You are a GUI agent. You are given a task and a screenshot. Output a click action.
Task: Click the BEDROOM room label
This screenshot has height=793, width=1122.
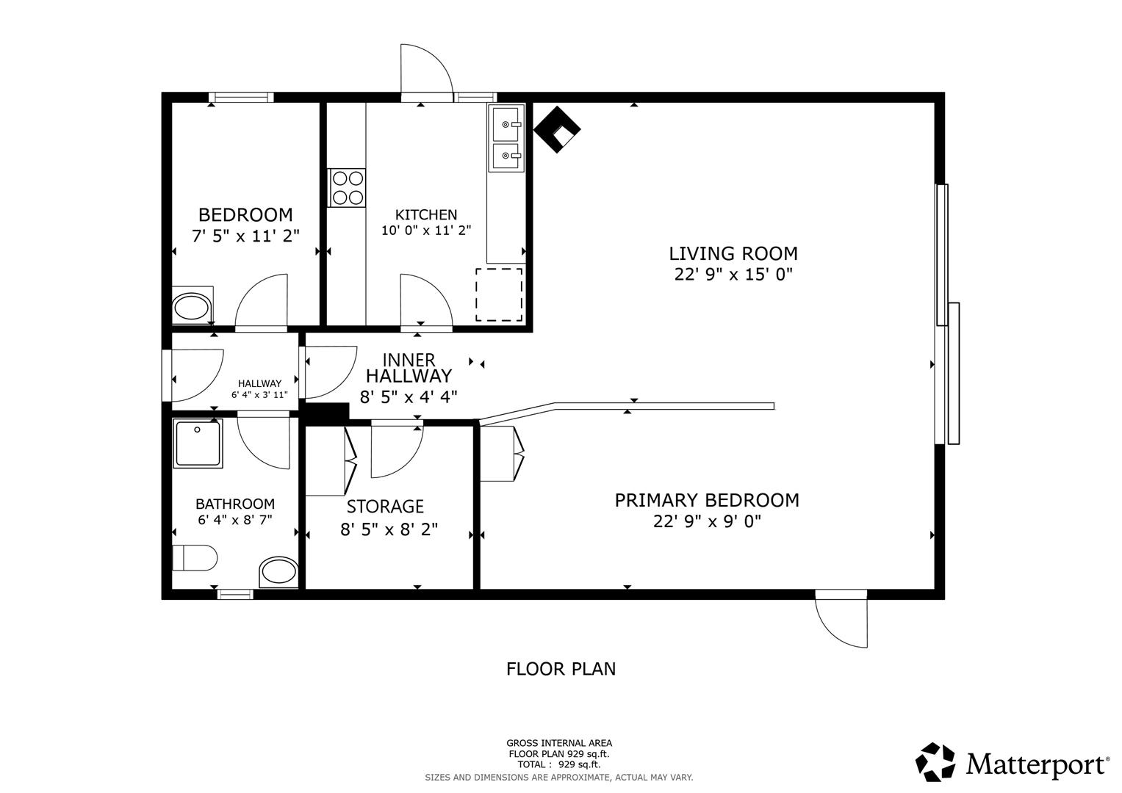tap(245, 214)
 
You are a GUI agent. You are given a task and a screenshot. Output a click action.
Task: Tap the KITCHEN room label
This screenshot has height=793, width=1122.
tap(426, 214)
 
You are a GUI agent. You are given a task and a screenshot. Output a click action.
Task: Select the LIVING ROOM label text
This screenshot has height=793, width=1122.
tap(733, 253)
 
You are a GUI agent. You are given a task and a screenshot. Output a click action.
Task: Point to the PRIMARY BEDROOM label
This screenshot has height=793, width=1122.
tap(707, 500)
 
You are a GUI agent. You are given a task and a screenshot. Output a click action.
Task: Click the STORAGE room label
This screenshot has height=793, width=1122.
tap(385, 507)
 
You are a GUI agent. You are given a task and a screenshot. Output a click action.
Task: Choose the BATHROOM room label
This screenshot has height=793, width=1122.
tap(235, 504)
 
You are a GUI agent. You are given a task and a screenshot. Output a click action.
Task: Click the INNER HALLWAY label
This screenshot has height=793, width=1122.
tap(409, 368)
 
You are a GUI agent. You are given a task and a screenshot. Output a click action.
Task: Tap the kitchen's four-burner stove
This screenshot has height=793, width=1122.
tap(347, 187)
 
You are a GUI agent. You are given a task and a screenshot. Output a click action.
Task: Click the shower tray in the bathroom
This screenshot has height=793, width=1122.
tap(198, 443)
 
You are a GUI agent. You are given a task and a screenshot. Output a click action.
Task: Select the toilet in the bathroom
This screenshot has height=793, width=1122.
tap(195, 558)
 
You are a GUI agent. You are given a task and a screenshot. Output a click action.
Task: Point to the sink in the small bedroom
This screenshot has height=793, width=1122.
tap(192, 307)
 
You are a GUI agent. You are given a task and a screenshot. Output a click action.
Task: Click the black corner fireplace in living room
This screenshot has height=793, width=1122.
tap(557, 130)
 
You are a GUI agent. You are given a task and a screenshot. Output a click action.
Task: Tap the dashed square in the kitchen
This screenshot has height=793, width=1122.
tap(499, 294)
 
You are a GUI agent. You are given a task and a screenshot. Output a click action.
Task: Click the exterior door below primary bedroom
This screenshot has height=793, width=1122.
tap(842, 618)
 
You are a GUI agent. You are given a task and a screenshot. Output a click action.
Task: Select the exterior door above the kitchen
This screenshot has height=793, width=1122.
tap(425, 71)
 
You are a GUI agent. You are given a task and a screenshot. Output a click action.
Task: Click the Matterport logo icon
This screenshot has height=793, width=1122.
tap(935, 762)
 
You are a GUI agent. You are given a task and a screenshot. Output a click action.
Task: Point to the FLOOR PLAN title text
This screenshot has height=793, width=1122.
tap(561, 669)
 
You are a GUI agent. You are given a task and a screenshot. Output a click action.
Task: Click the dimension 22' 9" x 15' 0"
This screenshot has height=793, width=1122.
tap(733, 275)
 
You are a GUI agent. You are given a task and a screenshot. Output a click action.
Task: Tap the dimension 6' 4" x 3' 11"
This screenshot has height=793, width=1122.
tap(259, 394)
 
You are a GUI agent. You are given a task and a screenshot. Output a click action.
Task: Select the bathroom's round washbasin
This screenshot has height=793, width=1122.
tap(278, 571)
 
